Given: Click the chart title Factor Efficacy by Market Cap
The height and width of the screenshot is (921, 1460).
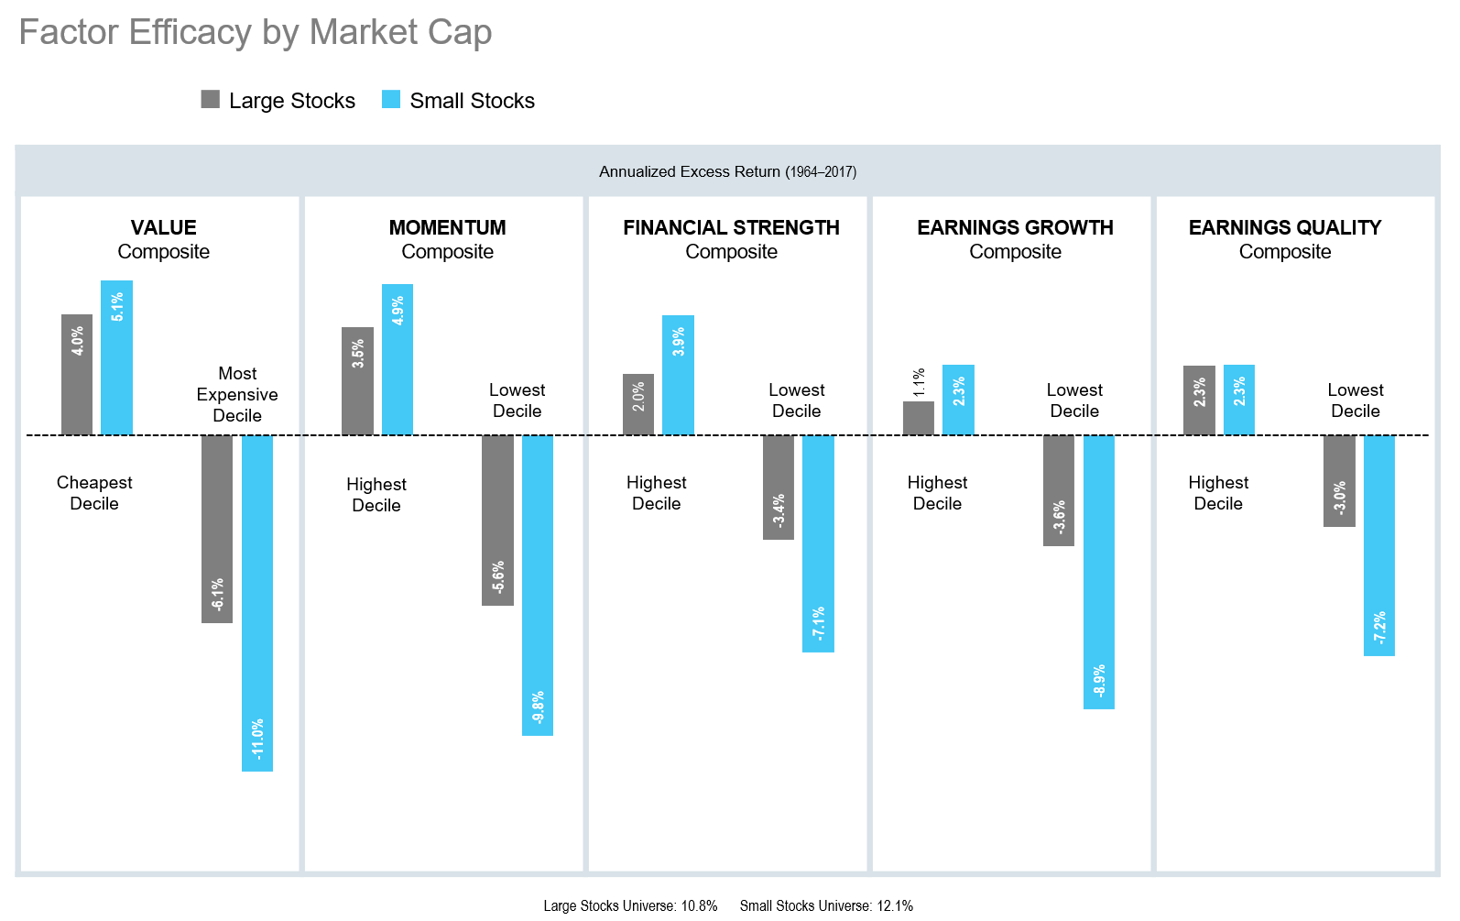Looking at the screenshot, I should point(256,33).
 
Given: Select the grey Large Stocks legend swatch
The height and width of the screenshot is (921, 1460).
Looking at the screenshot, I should point(211,100).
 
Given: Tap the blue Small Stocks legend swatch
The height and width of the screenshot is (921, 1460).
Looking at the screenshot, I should point(391,100).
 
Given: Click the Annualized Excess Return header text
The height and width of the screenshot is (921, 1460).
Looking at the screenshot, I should point(727,171).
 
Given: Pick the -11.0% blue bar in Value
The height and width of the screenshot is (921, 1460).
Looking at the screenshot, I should point(257,603).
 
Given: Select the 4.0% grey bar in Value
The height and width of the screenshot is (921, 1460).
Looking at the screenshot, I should point(77,374).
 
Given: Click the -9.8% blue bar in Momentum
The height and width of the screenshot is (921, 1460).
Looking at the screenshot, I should point(538,585).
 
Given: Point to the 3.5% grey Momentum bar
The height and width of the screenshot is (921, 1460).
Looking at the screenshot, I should point(357,380).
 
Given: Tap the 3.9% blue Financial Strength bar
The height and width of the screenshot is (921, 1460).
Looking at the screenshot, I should point(678,375).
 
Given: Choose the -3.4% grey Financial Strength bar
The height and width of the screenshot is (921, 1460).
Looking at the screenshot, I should point(779,487).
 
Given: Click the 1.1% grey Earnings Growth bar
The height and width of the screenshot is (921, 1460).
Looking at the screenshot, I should point(919,418).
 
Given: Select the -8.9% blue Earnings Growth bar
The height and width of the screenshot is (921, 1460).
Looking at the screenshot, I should point(1099,572).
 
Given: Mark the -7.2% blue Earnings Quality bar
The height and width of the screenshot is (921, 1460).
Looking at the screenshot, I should point(1379,545).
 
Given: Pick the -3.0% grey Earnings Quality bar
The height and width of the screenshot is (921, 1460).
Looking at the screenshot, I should point(1339,480).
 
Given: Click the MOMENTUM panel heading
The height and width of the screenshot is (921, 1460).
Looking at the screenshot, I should point(447,227).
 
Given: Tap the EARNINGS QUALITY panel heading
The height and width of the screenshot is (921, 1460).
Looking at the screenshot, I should point(1284,227).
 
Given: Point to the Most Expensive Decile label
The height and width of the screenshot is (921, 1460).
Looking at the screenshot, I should point(237,394).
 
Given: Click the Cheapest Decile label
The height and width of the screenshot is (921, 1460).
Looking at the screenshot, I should point(94,493).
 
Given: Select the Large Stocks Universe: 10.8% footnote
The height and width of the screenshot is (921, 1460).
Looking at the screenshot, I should point(630,905).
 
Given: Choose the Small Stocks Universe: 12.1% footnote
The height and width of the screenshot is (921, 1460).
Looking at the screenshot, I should point(826,905).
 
